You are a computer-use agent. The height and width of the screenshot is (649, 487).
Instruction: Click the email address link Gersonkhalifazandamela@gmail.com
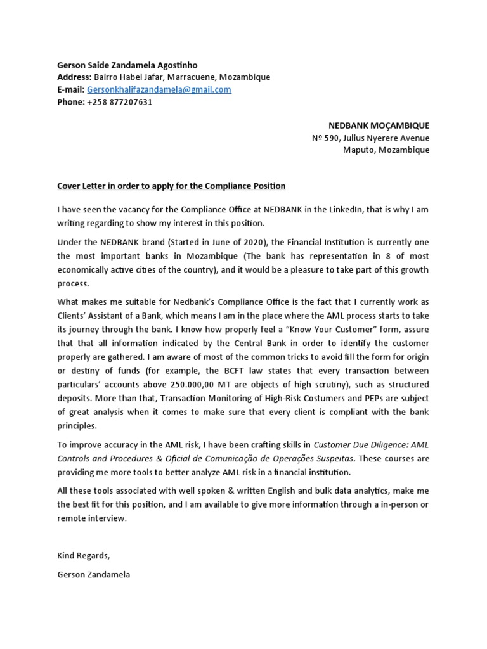(159, 89)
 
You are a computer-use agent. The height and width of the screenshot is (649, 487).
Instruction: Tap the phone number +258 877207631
(119, 102)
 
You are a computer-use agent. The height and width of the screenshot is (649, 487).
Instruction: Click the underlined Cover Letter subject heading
(171, 186)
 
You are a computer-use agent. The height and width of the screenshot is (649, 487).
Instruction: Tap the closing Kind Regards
(83, 556)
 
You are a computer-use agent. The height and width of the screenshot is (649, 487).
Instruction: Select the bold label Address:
(75, 77)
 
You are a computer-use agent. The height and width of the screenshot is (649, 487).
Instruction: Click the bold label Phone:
(70, 102)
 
